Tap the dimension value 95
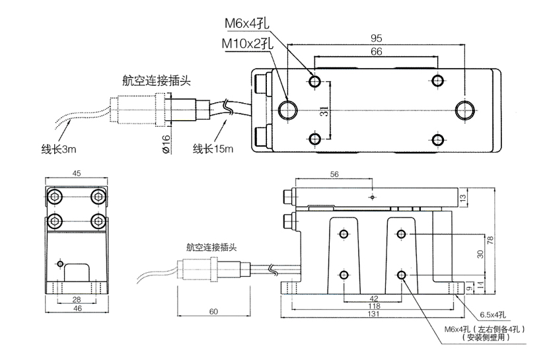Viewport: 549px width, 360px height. [377, 37]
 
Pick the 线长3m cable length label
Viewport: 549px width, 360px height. [59, 149]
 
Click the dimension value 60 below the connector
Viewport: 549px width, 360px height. [213, 310]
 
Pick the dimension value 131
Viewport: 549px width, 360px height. [373, 316]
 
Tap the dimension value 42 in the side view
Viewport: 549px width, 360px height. [373, 299]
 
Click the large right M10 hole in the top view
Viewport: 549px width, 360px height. [464, 110]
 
